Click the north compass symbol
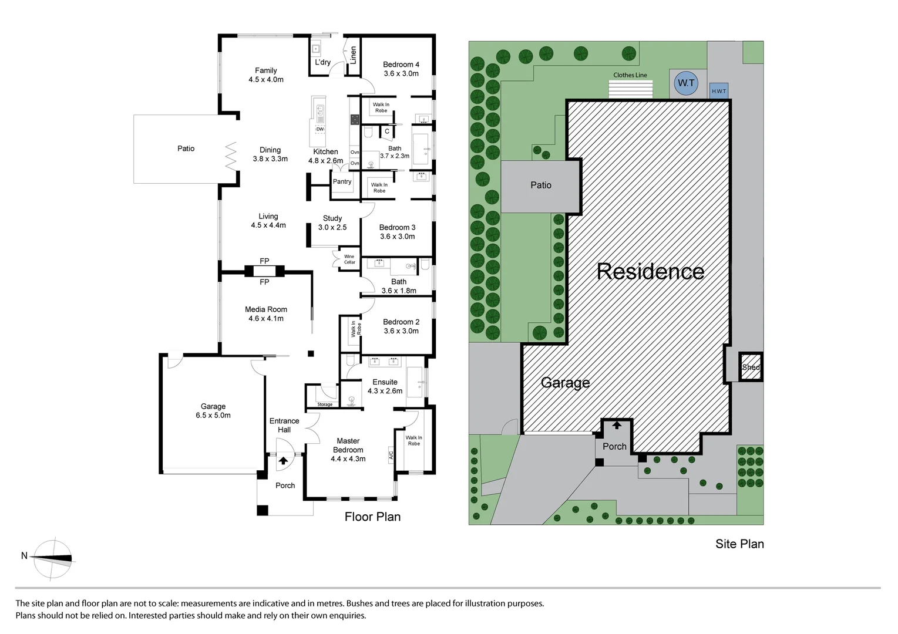coord(53,558)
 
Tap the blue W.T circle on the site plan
coord(686,83)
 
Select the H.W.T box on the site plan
coord(719,91)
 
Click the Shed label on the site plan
coord(751,367)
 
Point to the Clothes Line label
coord(630,75)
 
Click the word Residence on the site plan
coord(650,271)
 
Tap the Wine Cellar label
coord(349,259)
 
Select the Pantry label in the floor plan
coord(342,181)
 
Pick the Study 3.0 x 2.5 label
coord(332,222)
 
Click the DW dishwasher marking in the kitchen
coord(320,129)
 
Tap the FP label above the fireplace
coord(264,261)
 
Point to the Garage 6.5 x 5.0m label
coord(213,410)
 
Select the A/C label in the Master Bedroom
coord(391,454)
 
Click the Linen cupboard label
coord(354,55)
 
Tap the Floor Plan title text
coord(372,517)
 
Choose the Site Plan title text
coord(739,544)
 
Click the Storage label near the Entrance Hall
coord(325,404)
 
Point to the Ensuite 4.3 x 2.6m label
coord(385,386)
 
